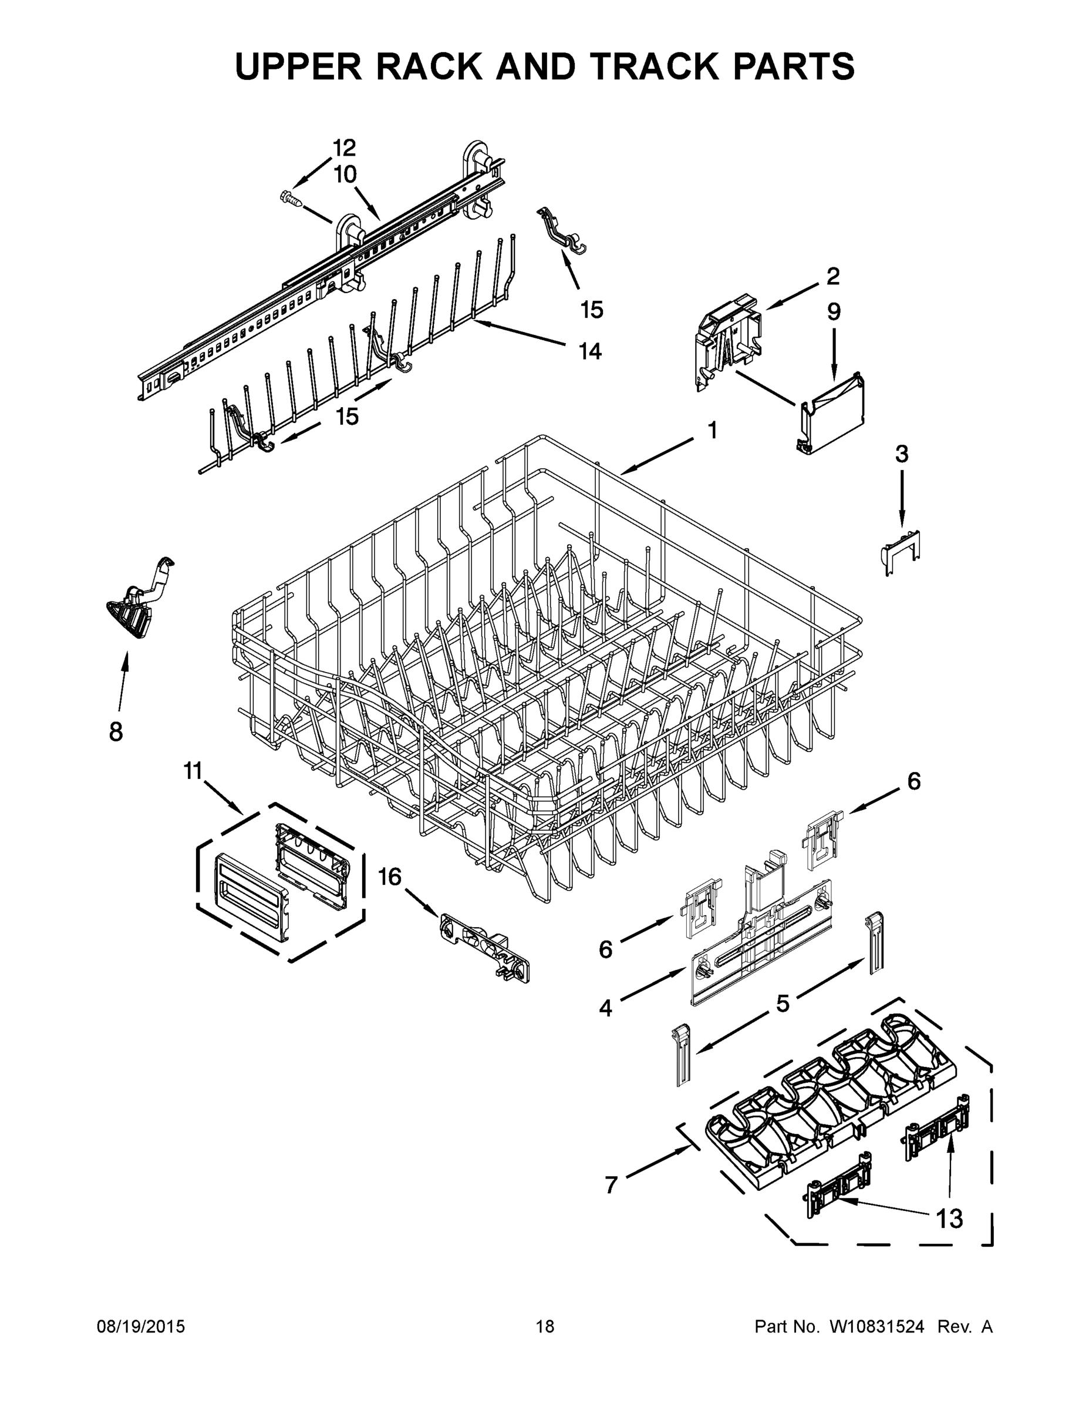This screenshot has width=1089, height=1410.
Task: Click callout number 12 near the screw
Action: click(x=344, y=148)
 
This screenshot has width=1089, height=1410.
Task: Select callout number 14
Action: click(x=589, y=351)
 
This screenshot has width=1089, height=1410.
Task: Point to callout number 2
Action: click(x=833, y=276)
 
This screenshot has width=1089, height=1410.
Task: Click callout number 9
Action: click(x=834, y=312)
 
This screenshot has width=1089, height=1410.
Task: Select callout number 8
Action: click(x=116, y=731)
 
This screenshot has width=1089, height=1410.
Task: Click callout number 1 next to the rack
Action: click(x=712, y=430)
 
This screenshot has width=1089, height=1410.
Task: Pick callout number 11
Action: click(x=193, y=770)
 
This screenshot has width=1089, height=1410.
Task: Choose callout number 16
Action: click(x=390, y=877)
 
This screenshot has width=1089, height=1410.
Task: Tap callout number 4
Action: click(x=605, y=1008)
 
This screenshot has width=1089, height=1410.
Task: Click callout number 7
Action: click(x=611, y=1184)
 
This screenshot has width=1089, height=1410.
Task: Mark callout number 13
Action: click(x=949, y=1218)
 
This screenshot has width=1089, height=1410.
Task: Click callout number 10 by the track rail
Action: click(x=346, y=174)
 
